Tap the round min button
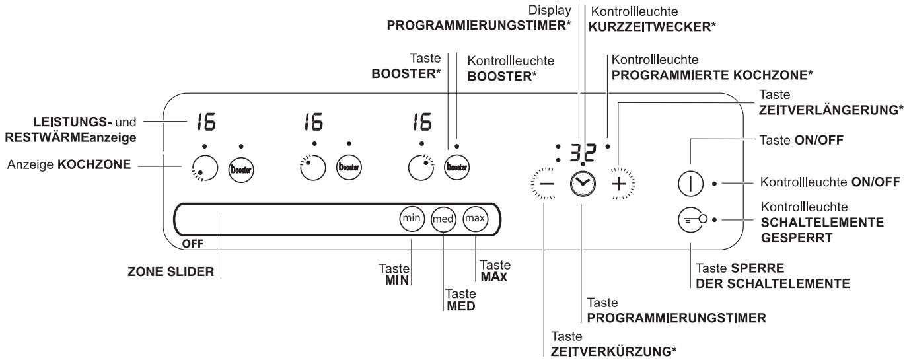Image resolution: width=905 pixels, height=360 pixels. click(x=411, y=217)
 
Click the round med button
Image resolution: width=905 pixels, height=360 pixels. click(x=443, y=218)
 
